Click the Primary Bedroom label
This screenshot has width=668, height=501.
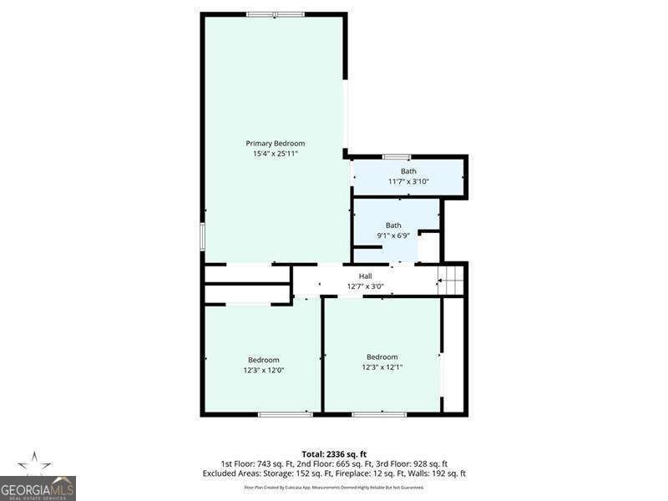click(275, 143)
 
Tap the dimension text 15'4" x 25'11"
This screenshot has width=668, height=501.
click(275, 154)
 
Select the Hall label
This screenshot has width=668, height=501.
click(365, 276)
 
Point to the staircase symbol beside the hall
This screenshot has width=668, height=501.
click(452, 280)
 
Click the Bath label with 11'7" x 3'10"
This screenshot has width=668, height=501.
click(407, 171)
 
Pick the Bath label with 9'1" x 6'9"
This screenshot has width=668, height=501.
click(393, 225)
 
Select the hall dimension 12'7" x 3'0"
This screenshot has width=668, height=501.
click(365, 286)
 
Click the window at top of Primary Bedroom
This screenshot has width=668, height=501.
click(275, 14)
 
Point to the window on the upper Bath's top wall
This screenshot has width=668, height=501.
click(396, 156)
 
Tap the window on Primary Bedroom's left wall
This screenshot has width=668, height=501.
click(202, 235)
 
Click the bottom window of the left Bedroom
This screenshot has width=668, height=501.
click(285, 413)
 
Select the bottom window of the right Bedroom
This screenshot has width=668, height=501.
click(367, 413)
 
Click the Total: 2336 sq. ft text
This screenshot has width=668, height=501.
click(333, 453)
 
